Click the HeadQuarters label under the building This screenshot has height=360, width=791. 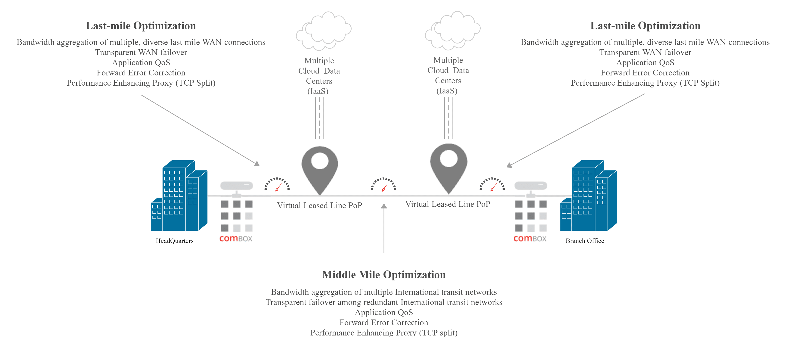[x=174, y=241]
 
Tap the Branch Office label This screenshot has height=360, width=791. [x=585, y=241]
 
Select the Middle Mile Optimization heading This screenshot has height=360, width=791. [x=383, y=275]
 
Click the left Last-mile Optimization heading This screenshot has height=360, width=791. [x=141, y=26]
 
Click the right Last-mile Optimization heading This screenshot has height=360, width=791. [x=645, y=26]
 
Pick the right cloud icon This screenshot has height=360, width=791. [x=453, y=31]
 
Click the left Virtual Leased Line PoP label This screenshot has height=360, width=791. [x=319, y=205]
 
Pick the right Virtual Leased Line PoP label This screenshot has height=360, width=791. [x=448, y=204]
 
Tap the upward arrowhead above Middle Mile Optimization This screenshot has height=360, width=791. [x=384, y=206]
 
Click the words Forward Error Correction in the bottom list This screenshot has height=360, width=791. [x=383, y=323]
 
